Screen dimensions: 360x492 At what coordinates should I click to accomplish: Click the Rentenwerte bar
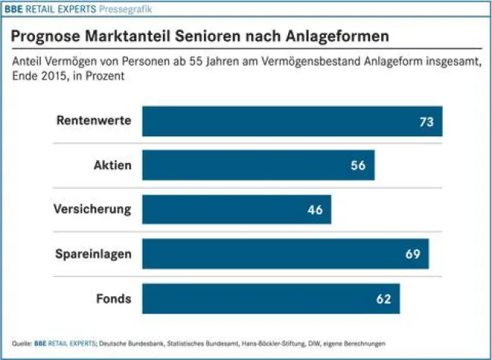(292, 121)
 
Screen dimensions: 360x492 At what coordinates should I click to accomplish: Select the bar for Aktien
(258, 165)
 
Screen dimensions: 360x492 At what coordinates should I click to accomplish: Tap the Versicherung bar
(237, 209)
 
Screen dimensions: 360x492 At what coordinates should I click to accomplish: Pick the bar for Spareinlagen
(285, 254)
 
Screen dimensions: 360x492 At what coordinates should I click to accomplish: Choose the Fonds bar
(271, 299)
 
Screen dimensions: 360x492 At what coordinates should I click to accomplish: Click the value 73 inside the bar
(427, 121)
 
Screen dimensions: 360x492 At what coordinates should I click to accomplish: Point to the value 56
(359, 165)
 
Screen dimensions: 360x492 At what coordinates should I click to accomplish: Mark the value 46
(315, 209)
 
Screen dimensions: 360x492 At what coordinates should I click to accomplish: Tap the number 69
(412, 254)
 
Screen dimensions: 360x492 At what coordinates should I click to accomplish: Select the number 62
(384, 299)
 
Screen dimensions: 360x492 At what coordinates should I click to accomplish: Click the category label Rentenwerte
(95, 121)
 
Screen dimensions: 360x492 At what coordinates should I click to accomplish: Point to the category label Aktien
(111, 165)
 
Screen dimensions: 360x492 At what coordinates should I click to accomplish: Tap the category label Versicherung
(92, 209)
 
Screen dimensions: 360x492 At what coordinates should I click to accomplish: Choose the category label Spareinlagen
(92, 254)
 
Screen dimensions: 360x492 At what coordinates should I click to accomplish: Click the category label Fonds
(114, 299)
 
